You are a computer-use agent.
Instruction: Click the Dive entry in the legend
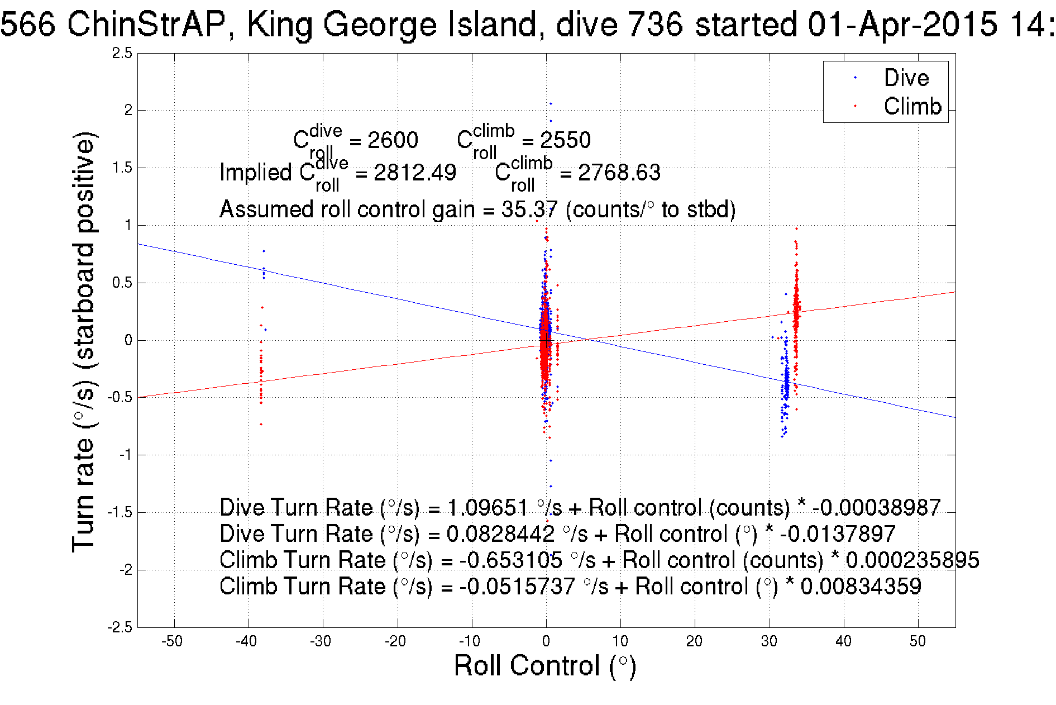coord(906,78)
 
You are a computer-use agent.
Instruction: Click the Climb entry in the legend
coord(912,106)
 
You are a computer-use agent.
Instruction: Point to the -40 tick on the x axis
coord(246,641)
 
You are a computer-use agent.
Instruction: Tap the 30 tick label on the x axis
coord(769,641)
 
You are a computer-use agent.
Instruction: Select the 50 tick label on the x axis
coord(918,641)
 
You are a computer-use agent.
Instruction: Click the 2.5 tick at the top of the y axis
coord(122,54)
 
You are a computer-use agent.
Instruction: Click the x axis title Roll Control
coord(545,666)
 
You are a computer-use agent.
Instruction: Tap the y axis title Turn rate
coord(84,341)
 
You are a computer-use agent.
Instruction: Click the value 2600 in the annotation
coord(393,140)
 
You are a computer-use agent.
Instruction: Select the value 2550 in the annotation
coord(565,140)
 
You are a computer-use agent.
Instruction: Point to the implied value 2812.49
coord(415,173)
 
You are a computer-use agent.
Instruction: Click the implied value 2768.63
coord(619,173)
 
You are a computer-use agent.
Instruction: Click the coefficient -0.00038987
coord(877,508)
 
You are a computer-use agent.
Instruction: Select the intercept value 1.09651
coord(488,508)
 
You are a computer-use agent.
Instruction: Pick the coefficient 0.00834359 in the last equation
coord(861,587)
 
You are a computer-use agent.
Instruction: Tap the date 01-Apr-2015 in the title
coord(902,25)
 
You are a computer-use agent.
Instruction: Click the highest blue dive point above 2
coord(551,103)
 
